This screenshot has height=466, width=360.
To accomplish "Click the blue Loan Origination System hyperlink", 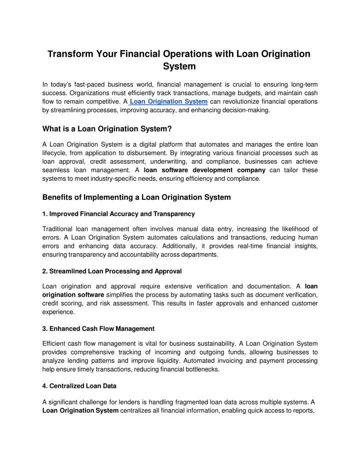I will click(x=168, y=102).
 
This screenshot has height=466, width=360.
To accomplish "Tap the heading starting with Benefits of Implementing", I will click(x=136, y=197).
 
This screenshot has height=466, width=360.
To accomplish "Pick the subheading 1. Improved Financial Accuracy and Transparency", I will click(x=118, y=214).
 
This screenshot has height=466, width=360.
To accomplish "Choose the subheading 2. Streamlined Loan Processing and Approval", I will click(x=112, y=271).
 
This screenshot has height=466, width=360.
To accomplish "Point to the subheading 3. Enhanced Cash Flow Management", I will click(x=98, y=328).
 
